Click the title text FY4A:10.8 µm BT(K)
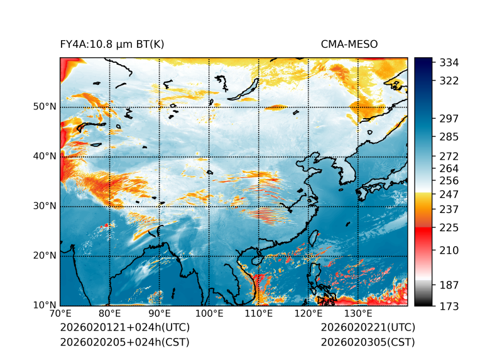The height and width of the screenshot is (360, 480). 112,44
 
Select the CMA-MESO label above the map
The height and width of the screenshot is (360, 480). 349,44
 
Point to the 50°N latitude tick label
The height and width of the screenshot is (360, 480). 45,107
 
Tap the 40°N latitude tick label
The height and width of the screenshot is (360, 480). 45,156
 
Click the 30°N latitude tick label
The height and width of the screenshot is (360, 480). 45,206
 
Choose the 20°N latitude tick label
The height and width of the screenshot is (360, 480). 45,256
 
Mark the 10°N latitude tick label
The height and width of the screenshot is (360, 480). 45,305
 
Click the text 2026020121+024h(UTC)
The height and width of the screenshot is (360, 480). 124,328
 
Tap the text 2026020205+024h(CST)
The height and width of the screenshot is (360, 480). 124,342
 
